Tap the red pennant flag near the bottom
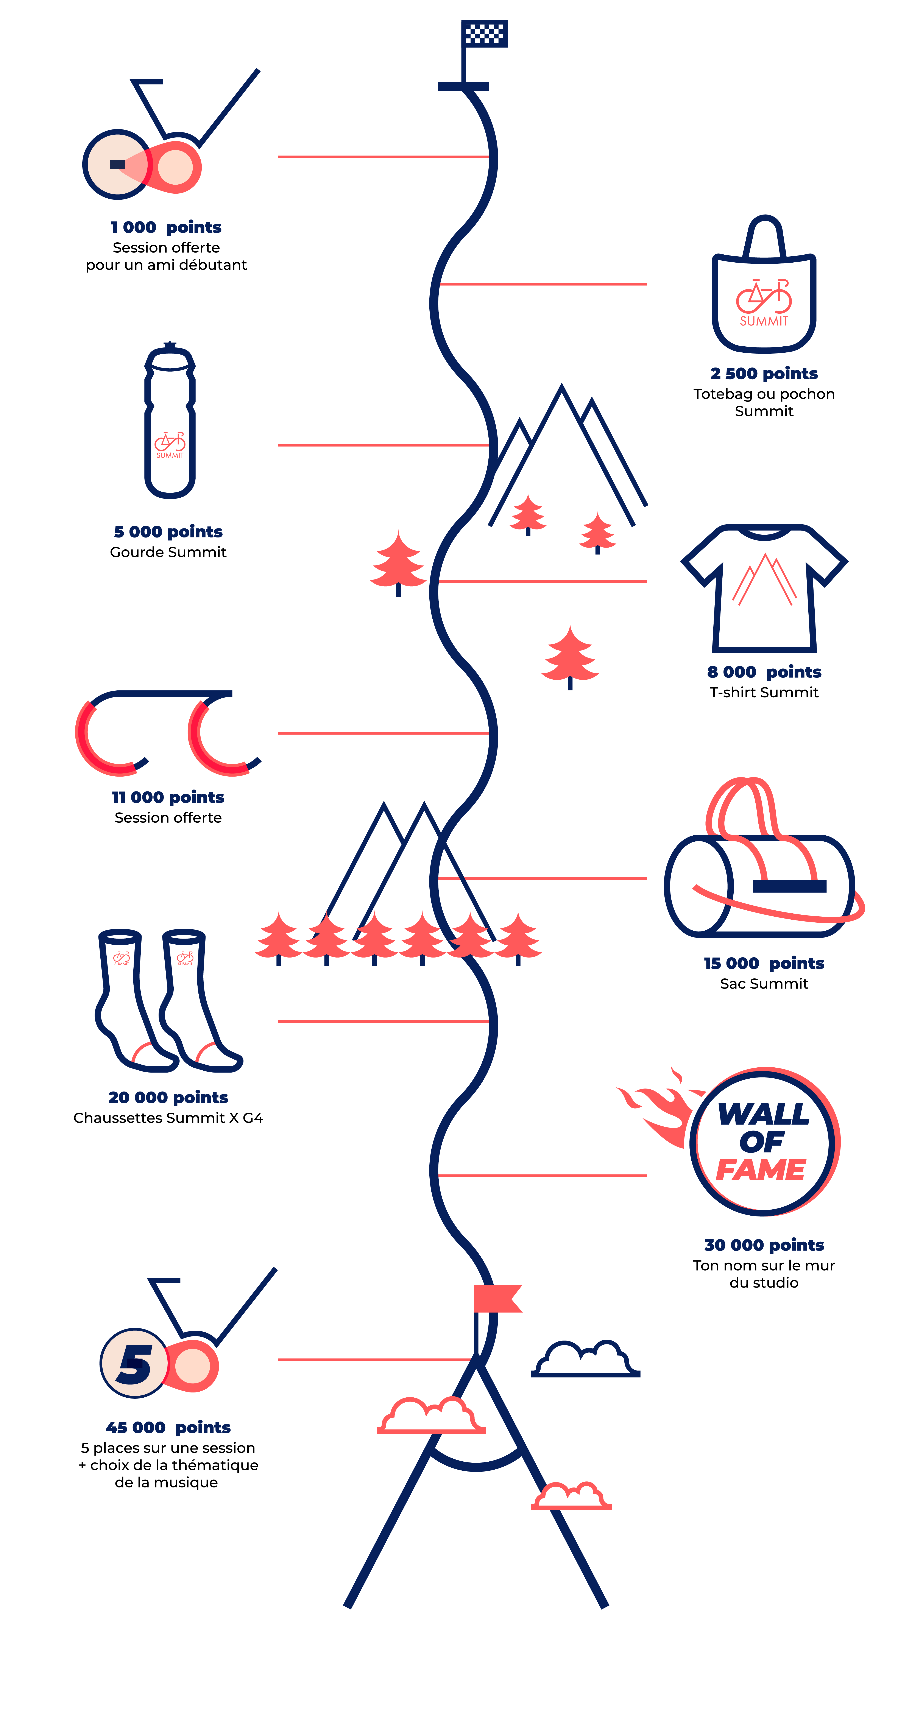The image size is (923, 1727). pos(496,1298)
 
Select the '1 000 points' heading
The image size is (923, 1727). pos(166,227)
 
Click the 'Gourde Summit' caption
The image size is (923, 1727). pos(168,552)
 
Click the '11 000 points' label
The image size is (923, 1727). pos(168,797)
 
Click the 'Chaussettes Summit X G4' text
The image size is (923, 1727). pos(168,1118)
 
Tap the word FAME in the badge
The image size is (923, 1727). pos(761,1170)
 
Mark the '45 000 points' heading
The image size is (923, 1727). pos(168,1427)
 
